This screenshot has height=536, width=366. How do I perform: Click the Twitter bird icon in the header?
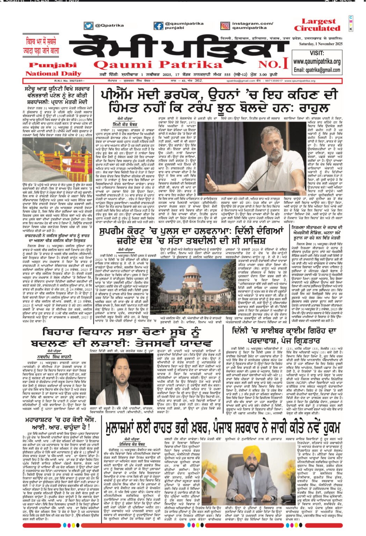[88, 25]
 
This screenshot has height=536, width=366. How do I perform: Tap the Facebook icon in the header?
[159, 25]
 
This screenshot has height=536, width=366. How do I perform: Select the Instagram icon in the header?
[225, 25]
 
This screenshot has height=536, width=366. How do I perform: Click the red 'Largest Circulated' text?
[317, 25]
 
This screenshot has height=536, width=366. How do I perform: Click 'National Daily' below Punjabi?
[53, 74]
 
